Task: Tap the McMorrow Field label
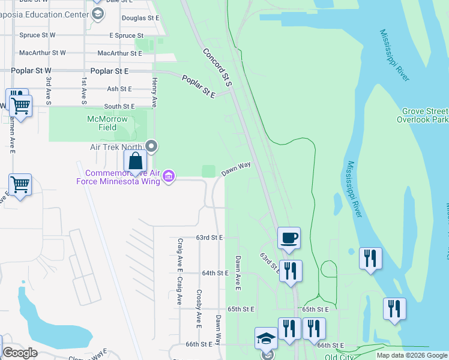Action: click(107, 123)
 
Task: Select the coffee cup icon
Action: click(289, 238)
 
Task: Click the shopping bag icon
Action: click(136, 161)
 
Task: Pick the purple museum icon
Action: click(169, 176)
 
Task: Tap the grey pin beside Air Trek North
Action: click(152, 146)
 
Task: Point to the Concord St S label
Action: click(217, 67)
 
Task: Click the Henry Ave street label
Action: click(154, 92)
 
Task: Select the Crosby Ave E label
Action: click(199, 309)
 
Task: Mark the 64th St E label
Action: click(215, 273)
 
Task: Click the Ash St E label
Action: click(119, 89)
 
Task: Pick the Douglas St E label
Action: click(140, 18)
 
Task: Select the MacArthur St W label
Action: click(42, 53)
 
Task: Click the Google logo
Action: click(19, 353)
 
